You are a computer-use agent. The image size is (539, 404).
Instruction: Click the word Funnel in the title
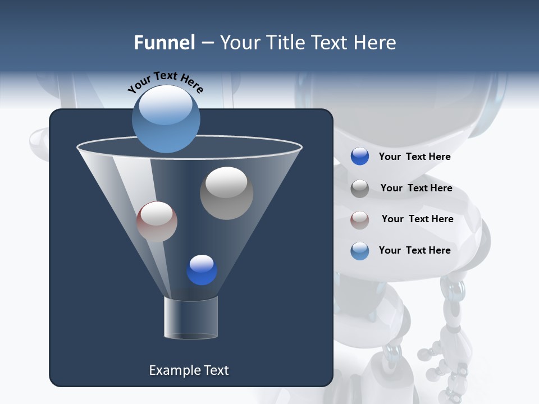(x=164, y=43)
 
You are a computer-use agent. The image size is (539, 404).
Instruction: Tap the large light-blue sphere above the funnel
(x=166, y=118)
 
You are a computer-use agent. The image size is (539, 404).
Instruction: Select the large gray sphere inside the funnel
(x=226, y=193)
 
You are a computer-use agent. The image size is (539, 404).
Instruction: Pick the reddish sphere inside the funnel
(x=157, y=222)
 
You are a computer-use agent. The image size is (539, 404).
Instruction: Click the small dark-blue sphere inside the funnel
(x=202, y=270)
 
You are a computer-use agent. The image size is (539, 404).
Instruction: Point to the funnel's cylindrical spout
(x=191, y=318)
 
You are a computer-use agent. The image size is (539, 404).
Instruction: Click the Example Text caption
(x=189, y=370)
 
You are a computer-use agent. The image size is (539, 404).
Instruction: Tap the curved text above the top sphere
(x=166, y=81)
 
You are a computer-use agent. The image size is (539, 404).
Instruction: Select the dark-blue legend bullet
(x=360, y=157)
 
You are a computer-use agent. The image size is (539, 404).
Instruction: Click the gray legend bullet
(x=360, y=189)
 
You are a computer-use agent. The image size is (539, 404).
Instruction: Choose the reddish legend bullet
(x=360, y=220)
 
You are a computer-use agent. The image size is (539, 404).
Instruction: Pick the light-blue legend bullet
(x=360, y=251)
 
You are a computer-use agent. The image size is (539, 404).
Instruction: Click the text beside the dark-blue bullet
(x=414, y=157)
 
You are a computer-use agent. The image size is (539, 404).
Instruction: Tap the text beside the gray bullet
(x=416, y=188)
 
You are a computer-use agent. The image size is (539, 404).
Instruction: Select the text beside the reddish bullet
(x=417, y=219)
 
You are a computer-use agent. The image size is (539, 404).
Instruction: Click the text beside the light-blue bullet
(x=414, y=250)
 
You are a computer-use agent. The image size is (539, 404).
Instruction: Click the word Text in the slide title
(x=329, y=43)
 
